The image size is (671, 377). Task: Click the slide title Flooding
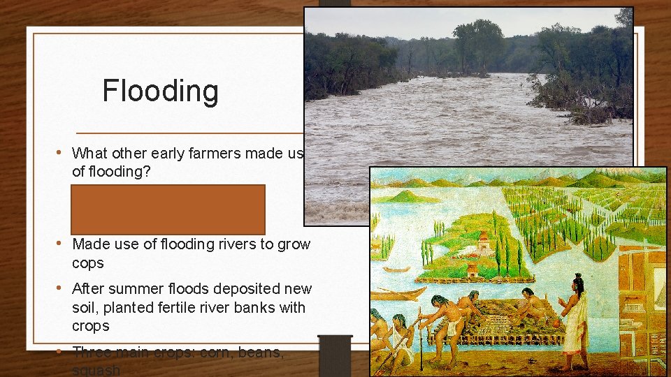click(x=160, y=91)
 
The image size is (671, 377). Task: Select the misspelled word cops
click(x=88, y=263)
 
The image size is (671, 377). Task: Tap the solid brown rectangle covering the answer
click(x=167, y=209)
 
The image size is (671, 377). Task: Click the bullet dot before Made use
click(x=62, y=244)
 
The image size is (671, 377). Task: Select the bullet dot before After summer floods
click(x=62, y=288)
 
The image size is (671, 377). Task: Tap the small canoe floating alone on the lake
click(x=397, y=269)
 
